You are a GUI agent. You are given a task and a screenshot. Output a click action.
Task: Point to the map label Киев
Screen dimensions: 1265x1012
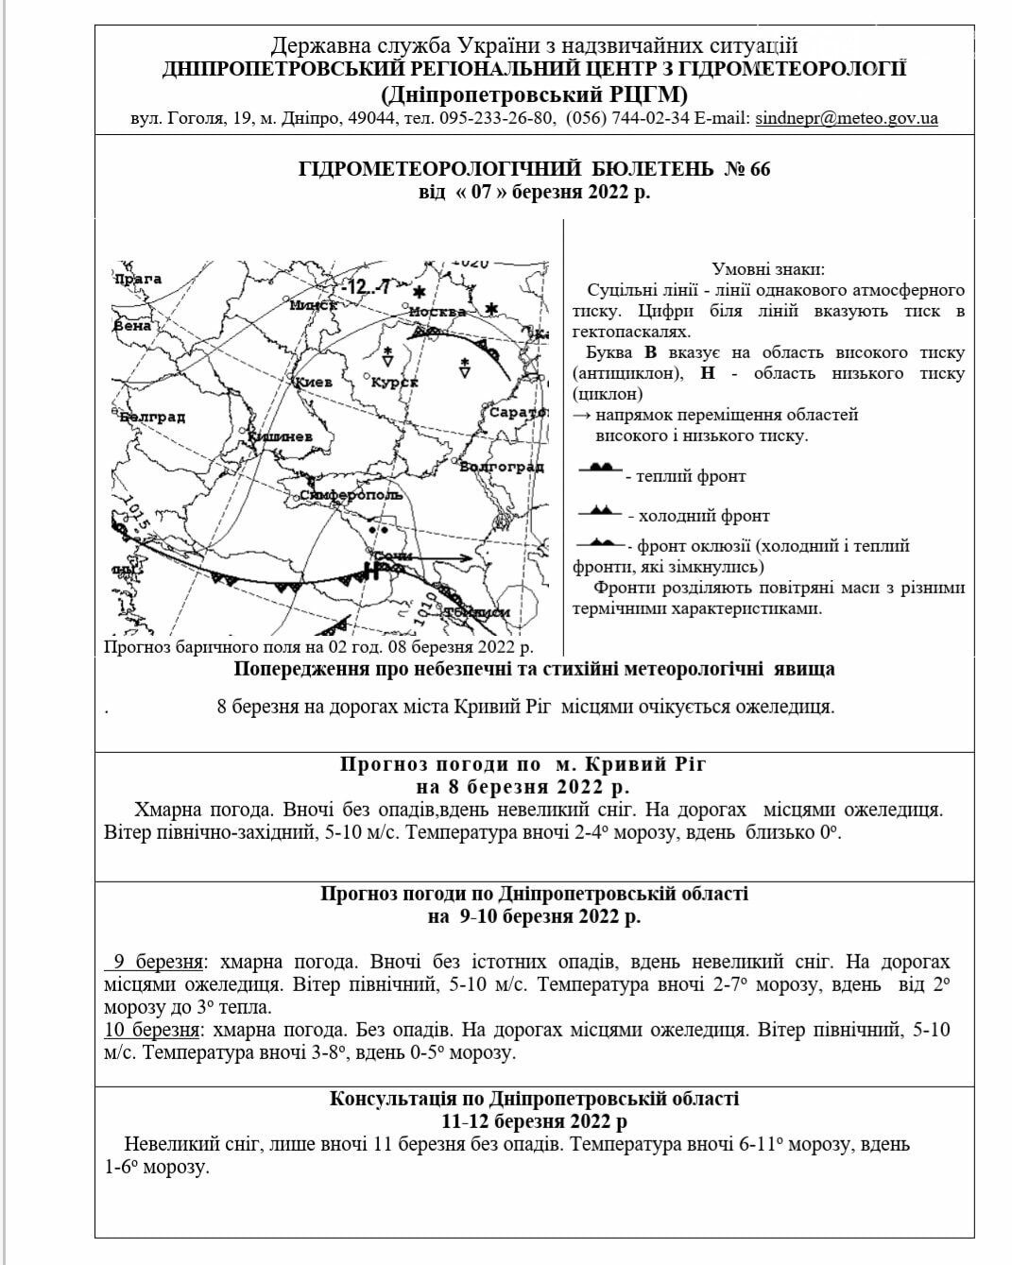[315, 383]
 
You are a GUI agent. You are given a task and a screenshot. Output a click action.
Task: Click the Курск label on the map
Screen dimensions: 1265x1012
[395, 383]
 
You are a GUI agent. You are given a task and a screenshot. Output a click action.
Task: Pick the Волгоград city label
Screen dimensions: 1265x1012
[502, 467]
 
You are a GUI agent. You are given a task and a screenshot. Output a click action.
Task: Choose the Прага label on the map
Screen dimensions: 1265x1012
[138, 280]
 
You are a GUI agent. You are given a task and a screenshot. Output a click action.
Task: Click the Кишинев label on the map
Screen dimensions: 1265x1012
[281, 436]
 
